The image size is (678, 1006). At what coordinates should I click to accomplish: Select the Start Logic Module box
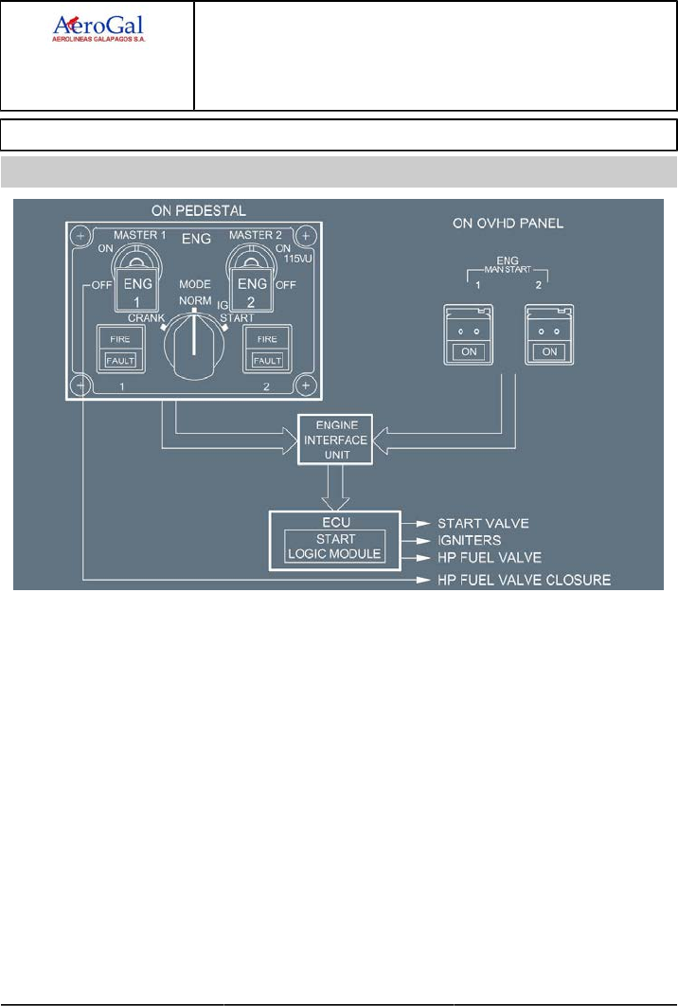coord(336,547)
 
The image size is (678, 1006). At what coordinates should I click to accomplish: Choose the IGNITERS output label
coord(470,540)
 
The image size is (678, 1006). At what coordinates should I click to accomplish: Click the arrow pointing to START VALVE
coord(417,522)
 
